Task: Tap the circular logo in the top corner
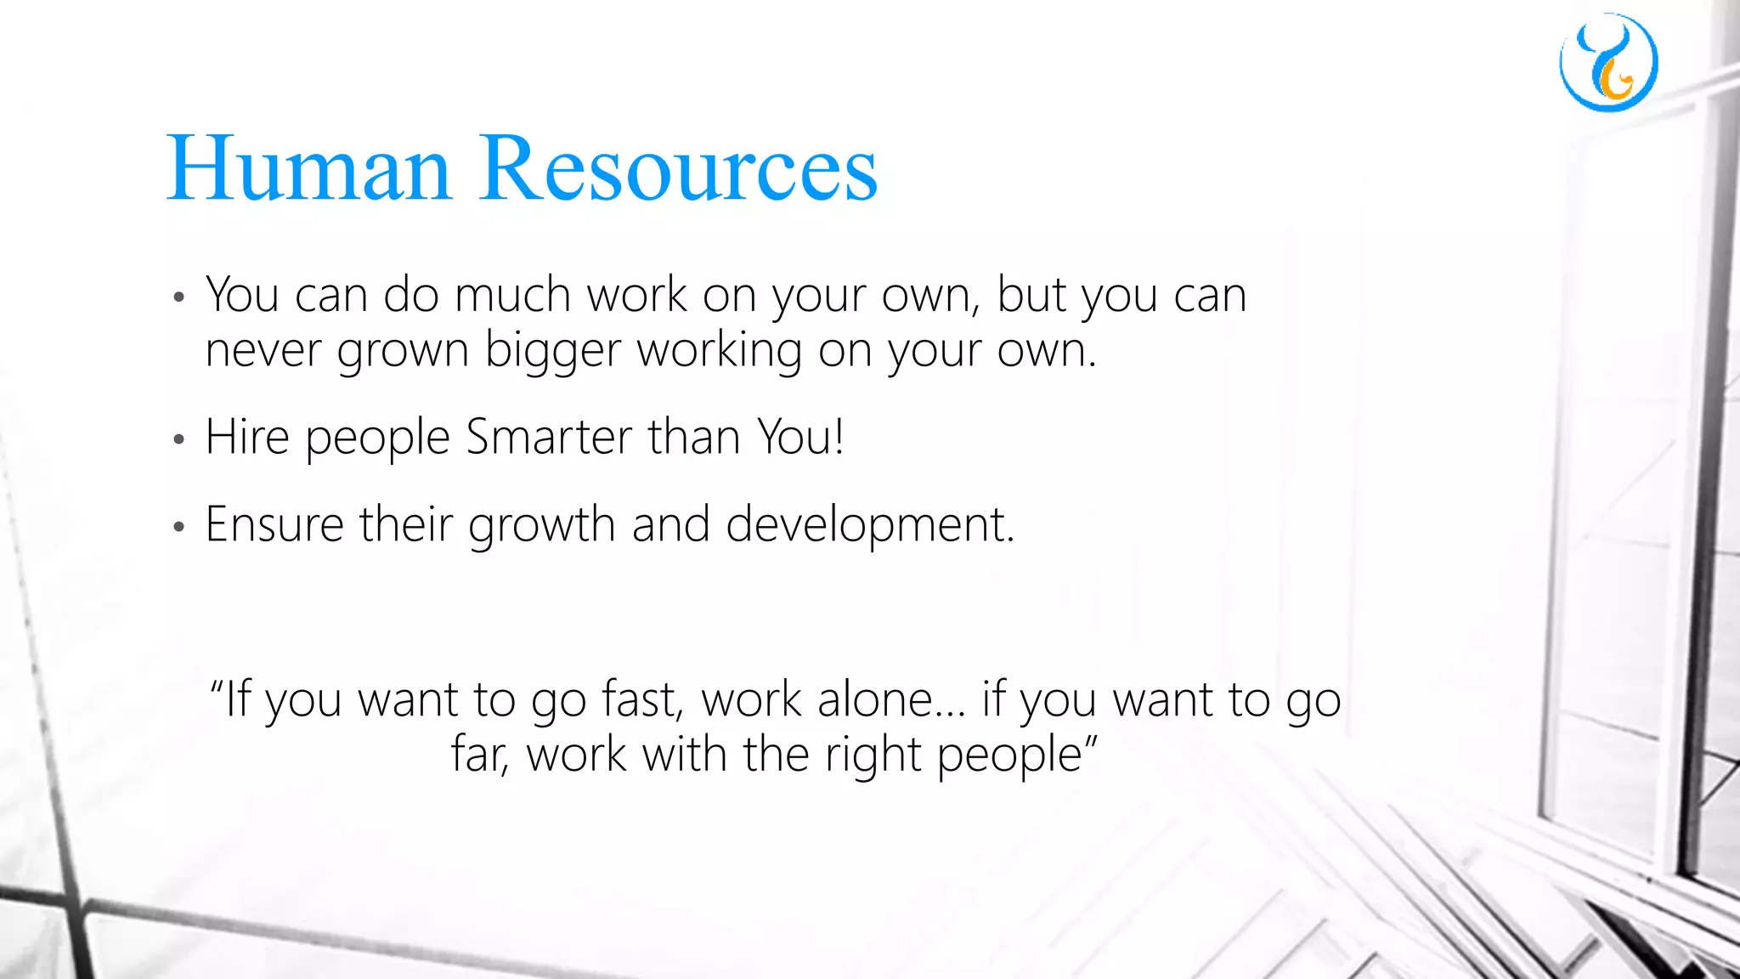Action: tap(1608, 63)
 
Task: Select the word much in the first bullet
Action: tap(512, 296)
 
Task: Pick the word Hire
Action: tap(247, 438)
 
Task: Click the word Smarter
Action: tap(549, 438)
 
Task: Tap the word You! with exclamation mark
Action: tap(801, 438)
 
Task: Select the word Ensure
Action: tap(274, 524)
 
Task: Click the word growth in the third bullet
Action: tap(541, 524)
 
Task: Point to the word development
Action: tap(870, 524)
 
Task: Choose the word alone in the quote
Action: tap(881, 700)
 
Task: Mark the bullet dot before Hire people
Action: tap(178, 440)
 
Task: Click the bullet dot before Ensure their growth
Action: tap(178, 528)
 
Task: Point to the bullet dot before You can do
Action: tap(178, 298)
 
